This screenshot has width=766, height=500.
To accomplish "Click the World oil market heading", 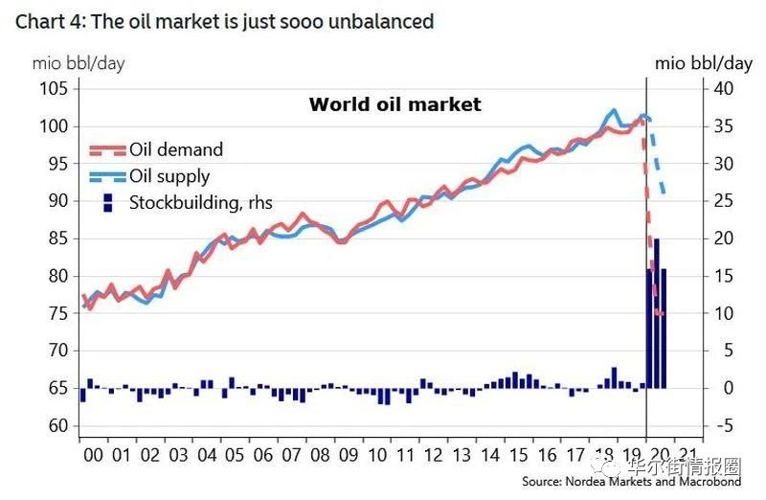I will point(394,104).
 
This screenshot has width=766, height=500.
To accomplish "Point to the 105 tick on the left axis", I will point(54,89).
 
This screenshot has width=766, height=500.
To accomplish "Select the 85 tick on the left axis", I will point(56,239).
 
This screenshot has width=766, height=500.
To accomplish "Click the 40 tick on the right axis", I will point(721,89).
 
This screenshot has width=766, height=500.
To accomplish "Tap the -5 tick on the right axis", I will point(721,425).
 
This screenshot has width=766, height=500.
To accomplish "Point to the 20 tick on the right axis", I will point(721,239).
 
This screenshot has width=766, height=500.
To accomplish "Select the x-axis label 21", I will point(686,457).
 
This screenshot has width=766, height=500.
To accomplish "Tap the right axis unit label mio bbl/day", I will point(703,63).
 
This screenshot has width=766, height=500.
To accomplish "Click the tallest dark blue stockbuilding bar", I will point(656,312).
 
